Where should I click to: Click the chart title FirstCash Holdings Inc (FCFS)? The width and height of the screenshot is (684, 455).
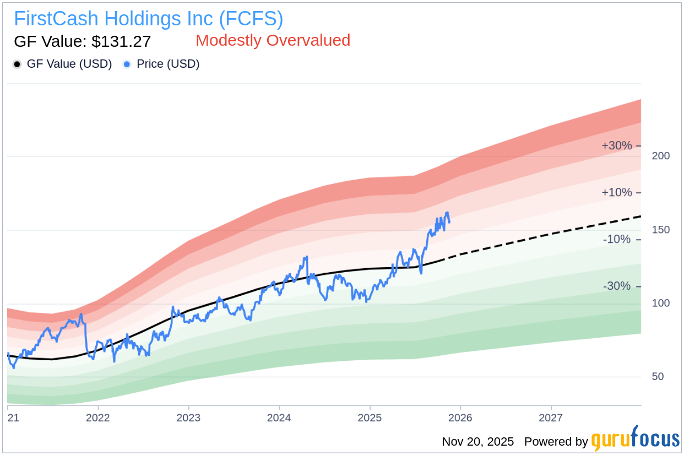[x=148, y=19]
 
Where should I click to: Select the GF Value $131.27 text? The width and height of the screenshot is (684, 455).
[x=82, y=41]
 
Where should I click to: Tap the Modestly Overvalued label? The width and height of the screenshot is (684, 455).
[x=273, y=40]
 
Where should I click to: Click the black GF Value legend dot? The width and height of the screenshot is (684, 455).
[x=17, y=64]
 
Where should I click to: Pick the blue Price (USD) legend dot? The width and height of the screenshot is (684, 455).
[x=127, y=64]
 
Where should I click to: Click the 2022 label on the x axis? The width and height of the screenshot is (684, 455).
[x=98, y=418]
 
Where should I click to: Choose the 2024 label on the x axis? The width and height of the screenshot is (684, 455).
[x=279, y=418]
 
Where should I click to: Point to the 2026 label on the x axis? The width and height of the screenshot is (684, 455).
[x=460, y=418]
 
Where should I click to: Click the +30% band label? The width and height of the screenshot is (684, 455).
[x=616, y=146]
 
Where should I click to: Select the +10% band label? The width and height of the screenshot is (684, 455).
[x=616, y=193]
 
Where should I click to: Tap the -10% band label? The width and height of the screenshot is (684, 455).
[x=616, y=240]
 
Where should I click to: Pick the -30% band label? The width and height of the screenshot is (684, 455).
[x=616, y=286]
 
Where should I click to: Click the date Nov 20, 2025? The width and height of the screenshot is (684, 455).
[x=477, y=441]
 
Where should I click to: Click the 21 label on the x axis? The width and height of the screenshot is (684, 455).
[x=13, y=418]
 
